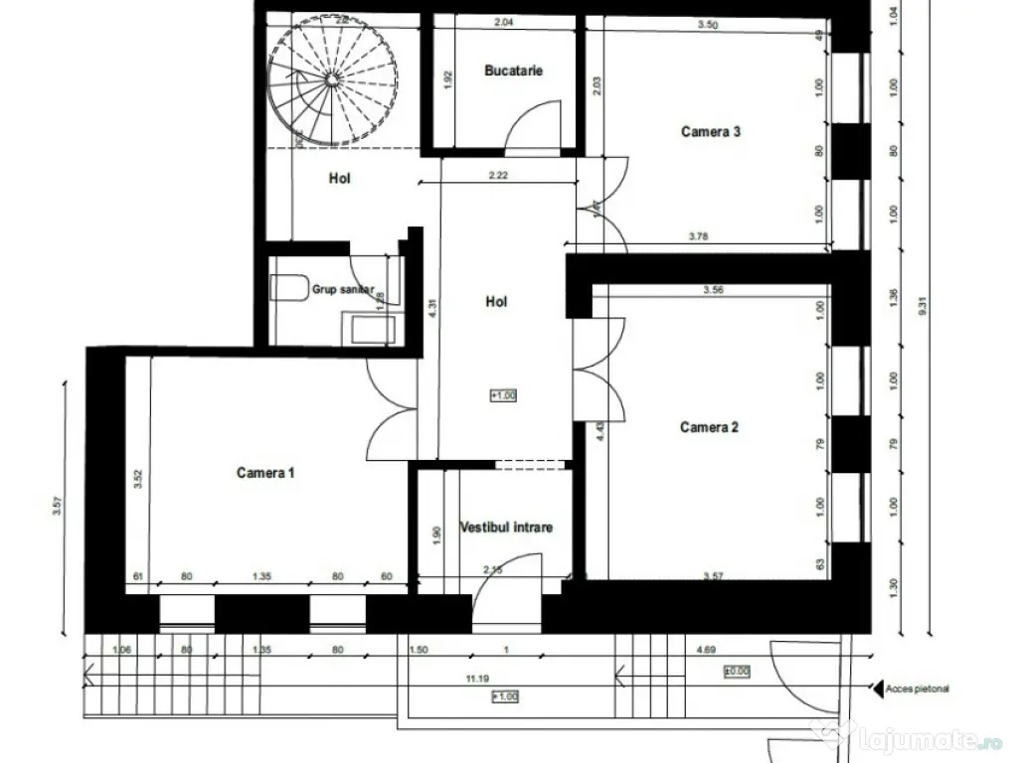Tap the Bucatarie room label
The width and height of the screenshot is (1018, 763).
[x=513, y=71]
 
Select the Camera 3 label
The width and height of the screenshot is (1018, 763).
[x=710, y=130]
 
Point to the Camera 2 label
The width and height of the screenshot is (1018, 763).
[x=709, y=427]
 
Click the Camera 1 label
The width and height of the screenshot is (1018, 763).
[x=265, y=473]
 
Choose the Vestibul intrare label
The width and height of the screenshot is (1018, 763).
[x=506, y=528]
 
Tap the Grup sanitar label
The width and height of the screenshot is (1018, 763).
[x=343, y=290]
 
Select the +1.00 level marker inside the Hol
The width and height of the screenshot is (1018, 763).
[x=503, y=395]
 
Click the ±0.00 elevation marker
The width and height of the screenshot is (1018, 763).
[x=737, y=672]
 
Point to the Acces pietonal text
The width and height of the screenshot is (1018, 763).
[x=914, y=687]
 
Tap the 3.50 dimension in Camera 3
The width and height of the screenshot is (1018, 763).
[x=708, y=25]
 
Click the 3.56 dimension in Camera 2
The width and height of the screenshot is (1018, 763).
[x=712, y=290]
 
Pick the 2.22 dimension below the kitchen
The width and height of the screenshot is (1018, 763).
[x=498, y=176]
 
